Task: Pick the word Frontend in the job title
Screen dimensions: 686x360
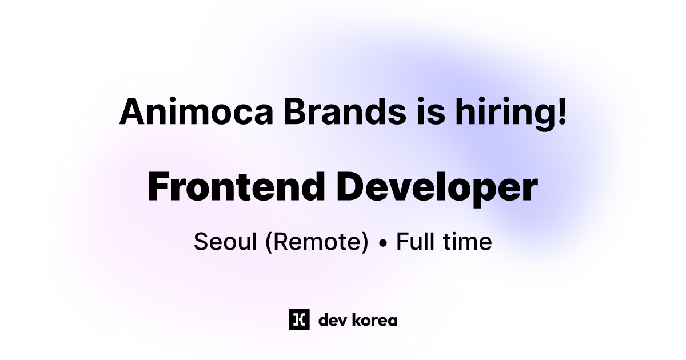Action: [x=236, y=187]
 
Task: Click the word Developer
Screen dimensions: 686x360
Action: [x=437, y=190]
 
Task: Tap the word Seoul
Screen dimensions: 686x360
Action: [x=225, y=242]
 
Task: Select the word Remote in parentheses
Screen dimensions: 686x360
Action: [x=317, y=242]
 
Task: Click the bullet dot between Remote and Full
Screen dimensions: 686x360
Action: [x=383, y=243]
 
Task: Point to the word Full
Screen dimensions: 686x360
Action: [x=416, y=241]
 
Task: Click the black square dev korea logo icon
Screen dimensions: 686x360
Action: [x=299, y=319]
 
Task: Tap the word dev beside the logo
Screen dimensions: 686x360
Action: [x=332, y=320]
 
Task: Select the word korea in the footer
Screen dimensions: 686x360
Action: [x=374, y=320]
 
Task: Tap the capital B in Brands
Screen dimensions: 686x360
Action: [x=296, y=111]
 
